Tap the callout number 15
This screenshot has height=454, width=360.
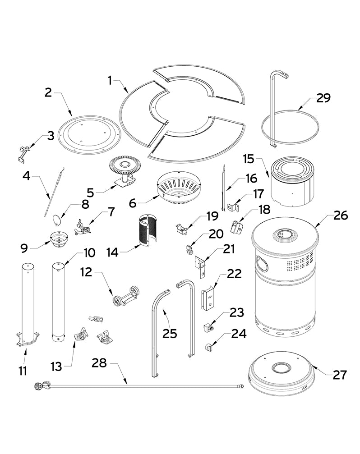(249, 159)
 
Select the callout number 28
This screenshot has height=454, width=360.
(99, 362)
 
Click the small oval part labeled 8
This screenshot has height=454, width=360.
(55, 220)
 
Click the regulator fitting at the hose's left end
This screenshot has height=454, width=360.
(39, 385)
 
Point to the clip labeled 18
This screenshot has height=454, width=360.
(236, 226)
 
